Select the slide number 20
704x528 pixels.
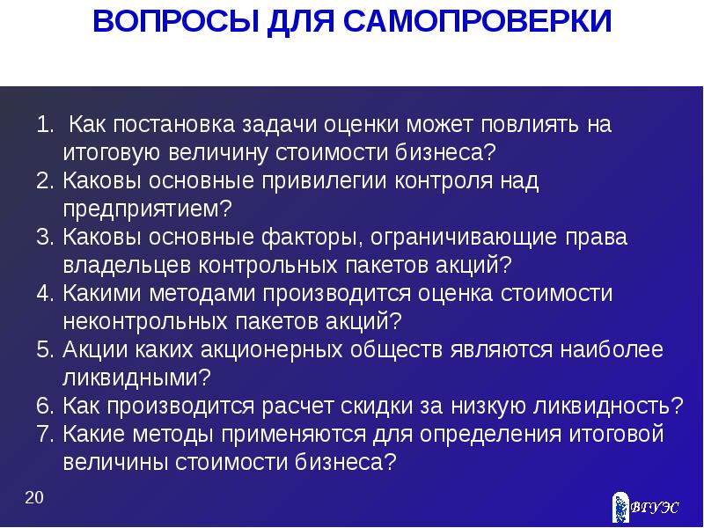coord(34,499)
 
